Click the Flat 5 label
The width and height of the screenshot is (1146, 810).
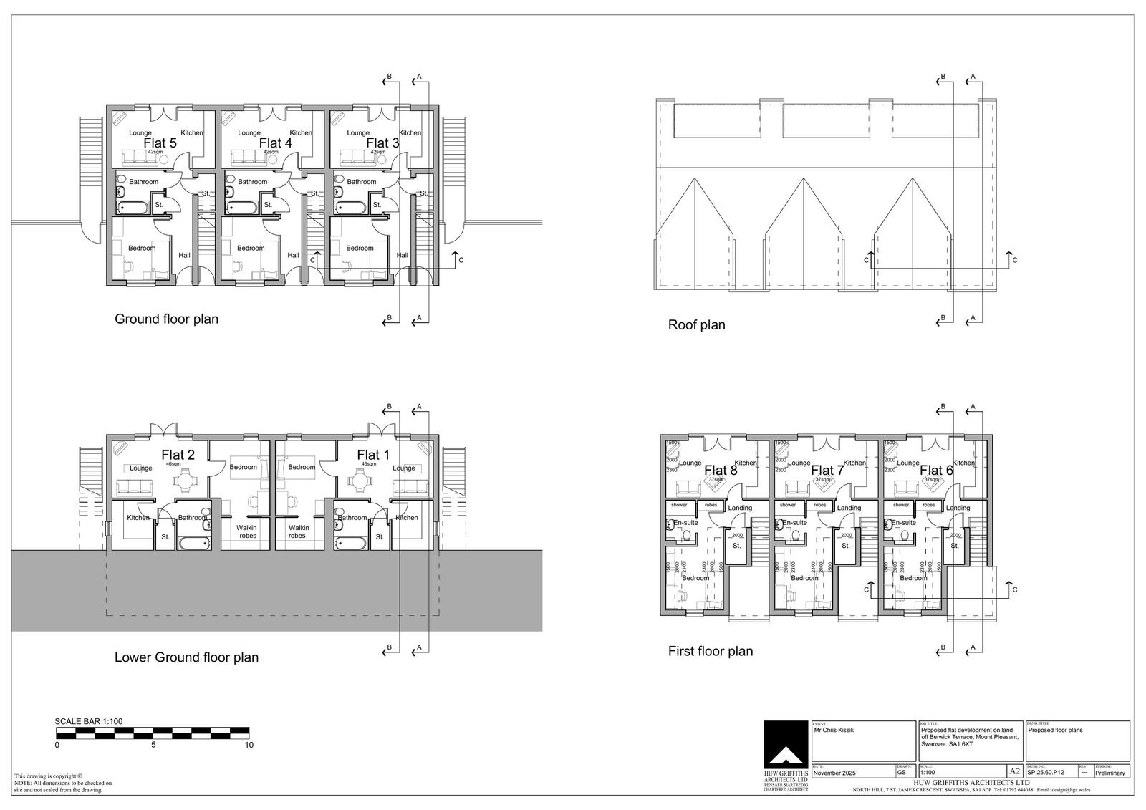(160, 143)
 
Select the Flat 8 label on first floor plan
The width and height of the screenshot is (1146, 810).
(721, 471)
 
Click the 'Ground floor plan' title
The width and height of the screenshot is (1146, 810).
(166, 319)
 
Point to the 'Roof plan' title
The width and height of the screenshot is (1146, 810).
(696, 325)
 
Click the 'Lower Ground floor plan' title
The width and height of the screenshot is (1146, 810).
(186, 657)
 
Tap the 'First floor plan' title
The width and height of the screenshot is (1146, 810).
(710, 652)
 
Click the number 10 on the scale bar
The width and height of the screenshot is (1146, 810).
(249, 745)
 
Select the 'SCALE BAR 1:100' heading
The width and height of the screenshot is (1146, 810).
(89, 721)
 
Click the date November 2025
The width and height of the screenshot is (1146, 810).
(834, 773)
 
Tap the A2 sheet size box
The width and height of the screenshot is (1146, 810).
(1014, 771)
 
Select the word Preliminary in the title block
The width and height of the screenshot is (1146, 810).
(1110, 773)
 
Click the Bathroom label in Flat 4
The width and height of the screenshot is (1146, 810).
(252, 182)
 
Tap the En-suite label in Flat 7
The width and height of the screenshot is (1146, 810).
(794, 523)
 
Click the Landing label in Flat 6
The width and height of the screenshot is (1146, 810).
(958, 508)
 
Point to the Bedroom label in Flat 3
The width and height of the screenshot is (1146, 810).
(360, 248)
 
